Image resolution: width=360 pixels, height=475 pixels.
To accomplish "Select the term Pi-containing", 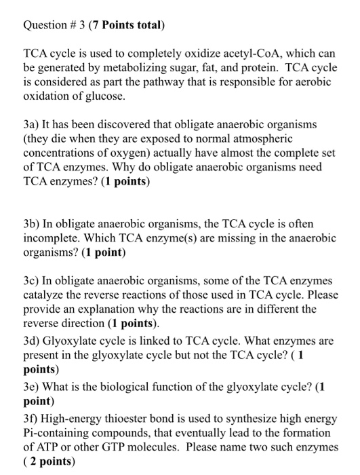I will point(58,432).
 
